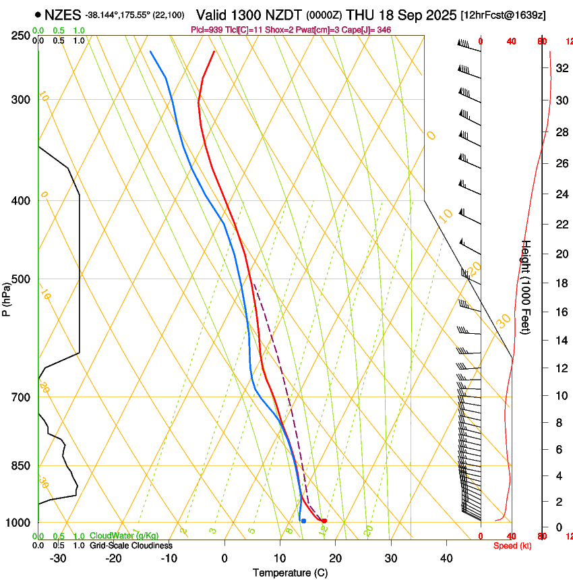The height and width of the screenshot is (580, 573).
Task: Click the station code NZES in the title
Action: point(63,14)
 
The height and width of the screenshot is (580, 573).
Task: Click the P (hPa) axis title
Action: point(7,295)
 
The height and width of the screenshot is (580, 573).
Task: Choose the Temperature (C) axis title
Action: point(290,573)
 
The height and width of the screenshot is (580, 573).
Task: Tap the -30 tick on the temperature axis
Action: point(58,558)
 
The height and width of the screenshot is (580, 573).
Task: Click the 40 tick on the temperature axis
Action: point(446,558)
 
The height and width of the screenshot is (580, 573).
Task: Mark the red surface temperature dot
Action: point(324,521)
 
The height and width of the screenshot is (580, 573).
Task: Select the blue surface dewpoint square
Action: point(303,521)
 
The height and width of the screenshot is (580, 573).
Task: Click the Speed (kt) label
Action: point(512,546)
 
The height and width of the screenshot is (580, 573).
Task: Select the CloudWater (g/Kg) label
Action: point(124,535)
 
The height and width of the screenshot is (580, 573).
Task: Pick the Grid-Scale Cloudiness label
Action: point(131,545)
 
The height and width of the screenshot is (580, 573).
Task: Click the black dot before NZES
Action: point(37,14)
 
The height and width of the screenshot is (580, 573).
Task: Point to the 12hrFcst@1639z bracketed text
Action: point(502,14)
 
